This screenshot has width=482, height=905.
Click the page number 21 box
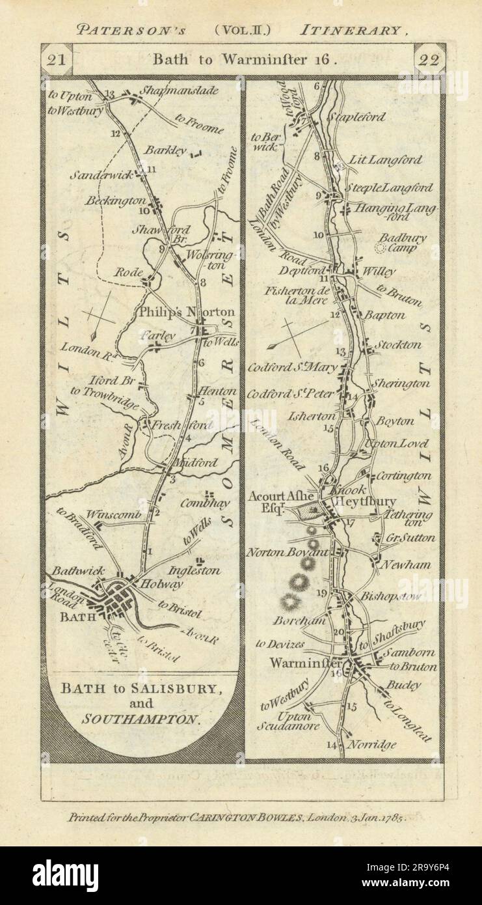57,60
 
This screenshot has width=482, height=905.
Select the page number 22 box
429,60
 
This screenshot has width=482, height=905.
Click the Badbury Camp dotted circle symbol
382,248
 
